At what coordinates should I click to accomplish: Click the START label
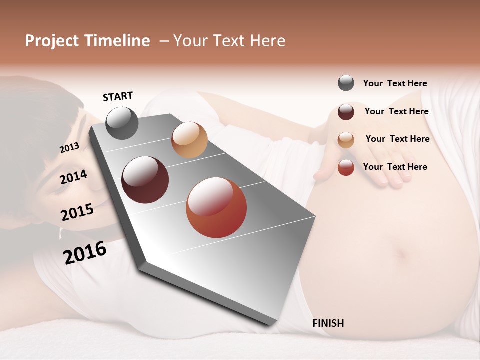pyautogui.click(x=118, y=96)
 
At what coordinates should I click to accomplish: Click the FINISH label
pyautogui.click(x=328, y=323)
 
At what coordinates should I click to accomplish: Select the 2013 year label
pyautogui.click(x=69, y=148)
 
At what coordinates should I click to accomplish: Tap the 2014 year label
pyautogui.click(x=73, y=177)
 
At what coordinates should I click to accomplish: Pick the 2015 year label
pyautogui.click(x=77, y=212)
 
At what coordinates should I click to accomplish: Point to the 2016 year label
pyautogui.click(x=85, y=252)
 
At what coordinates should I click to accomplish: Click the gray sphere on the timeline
pyautogui.click(x=122, y=123)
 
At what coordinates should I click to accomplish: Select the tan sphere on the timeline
pyautogui.click(x=189, y=140)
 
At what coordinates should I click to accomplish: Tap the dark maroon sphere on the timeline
pyautogui.click(x=145, y=180)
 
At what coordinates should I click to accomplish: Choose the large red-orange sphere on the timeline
pyautogui.click(x=216, y=207)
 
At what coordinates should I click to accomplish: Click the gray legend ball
pyautogui.click(x=346, y=83)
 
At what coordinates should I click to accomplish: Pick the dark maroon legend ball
pyautogui.click(x=346, y=112)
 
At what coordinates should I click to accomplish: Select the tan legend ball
pyautogui.click(x=346, y=140)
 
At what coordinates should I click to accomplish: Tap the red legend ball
pyautogui.click(x=346, y=167)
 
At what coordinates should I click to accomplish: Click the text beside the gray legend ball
pyautogui.click(x=395, y=84)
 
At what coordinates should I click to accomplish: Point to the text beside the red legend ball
pyautogui.click(x=395, y=167)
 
